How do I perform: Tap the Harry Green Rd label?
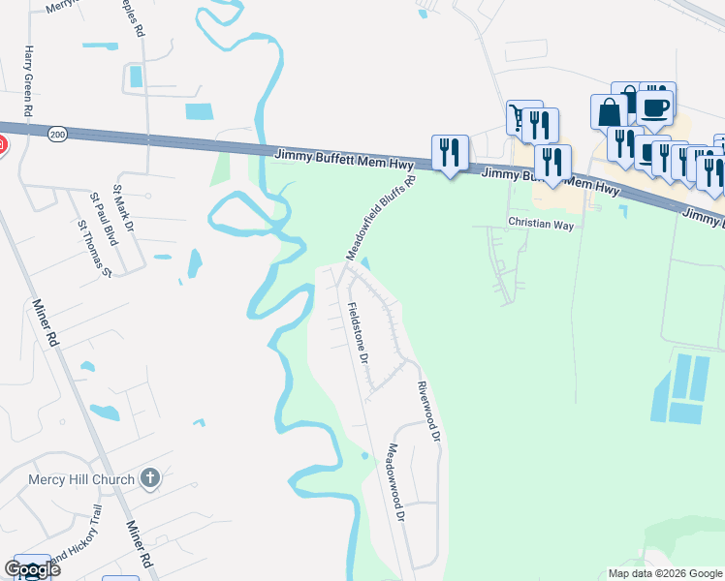coord(30,81)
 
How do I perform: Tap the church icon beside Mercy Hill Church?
coord(149,478)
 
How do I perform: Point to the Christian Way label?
coord(542,225)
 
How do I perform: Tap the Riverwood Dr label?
coord(428,413)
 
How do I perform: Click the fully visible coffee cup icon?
coord(655,107)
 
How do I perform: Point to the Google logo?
coord(32,569)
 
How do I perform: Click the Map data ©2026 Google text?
coord(666,573)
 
